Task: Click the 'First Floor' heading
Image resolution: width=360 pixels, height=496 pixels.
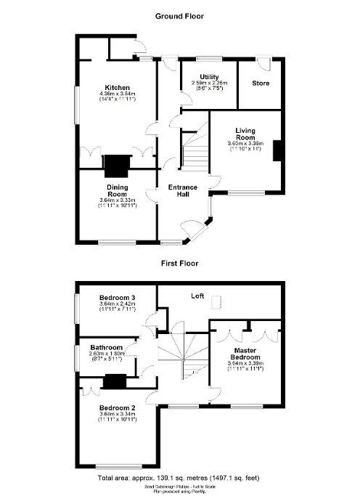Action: [180, 264]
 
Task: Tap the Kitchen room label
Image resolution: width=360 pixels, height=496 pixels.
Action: [116, 86]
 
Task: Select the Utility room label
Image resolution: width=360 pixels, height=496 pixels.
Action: [210, 76]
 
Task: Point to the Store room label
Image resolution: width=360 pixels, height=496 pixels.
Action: [261, 84]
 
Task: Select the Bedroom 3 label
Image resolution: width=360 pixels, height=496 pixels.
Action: [117, 298]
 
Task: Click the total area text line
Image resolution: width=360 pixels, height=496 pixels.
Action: [179, 479]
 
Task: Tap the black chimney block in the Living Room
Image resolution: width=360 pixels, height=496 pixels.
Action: [276, 150]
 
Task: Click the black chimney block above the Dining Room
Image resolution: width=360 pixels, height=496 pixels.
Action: [115, 166]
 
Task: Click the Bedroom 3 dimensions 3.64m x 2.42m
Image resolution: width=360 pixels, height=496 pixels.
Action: [118, 304]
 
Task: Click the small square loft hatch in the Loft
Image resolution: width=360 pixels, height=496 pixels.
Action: [216, 309]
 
